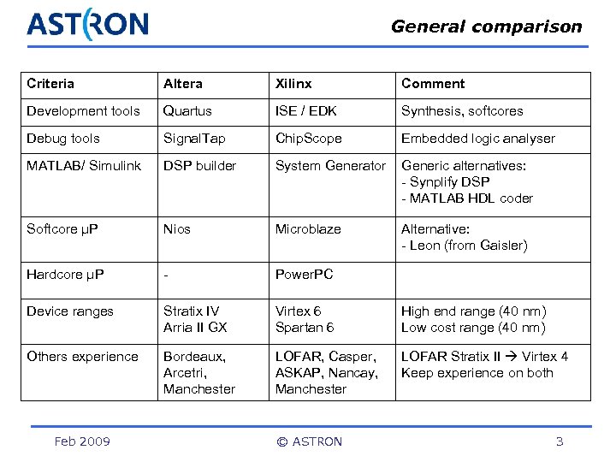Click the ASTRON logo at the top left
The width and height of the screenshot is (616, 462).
pyautogui.click(x=87, y=24)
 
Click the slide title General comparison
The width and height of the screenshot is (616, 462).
pyautogui.click(x=486, y=27)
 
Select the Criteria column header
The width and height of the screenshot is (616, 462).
pyautogui.click(x=50, y=84)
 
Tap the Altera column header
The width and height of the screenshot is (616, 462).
pyautogui.click(x=183, y=84)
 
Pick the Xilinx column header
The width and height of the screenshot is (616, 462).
pyautogui.click(x=293, y=84)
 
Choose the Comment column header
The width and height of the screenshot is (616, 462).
pyautogui.click(x=433, y=84)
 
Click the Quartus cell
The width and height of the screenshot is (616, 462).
pyautogui.click(x=187, y=111)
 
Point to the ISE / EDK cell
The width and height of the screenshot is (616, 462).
pyautogui.click(x=305, y=111)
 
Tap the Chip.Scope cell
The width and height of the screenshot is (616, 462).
pyautogui.click(x=308, y=139)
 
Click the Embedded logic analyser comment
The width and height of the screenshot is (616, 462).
pyautogui.click(x=478, y=139)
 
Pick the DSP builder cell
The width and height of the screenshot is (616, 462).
pyautogui.click(x=199, y=166)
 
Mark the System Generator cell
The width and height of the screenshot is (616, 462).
pyautogui.click(x=330, y=166)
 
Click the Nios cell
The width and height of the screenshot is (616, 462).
pyautogui.click(x=177, y=229)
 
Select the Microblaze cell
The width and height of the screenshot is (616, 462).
pyautogui.click(x=308, y=229)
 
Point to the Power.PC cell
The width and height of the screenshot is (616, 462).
pyautogui.click(x=304, y=275)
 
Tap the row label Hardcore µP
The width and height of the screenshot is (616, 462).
pyautogui.click(x=65, y=275)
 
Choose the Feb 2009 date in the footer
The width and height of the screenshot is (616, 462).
pyautogui.click(x=82, y=441)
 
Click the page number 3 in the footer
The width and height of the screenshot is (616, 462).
pyautogui.click(x=560, y=441)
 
